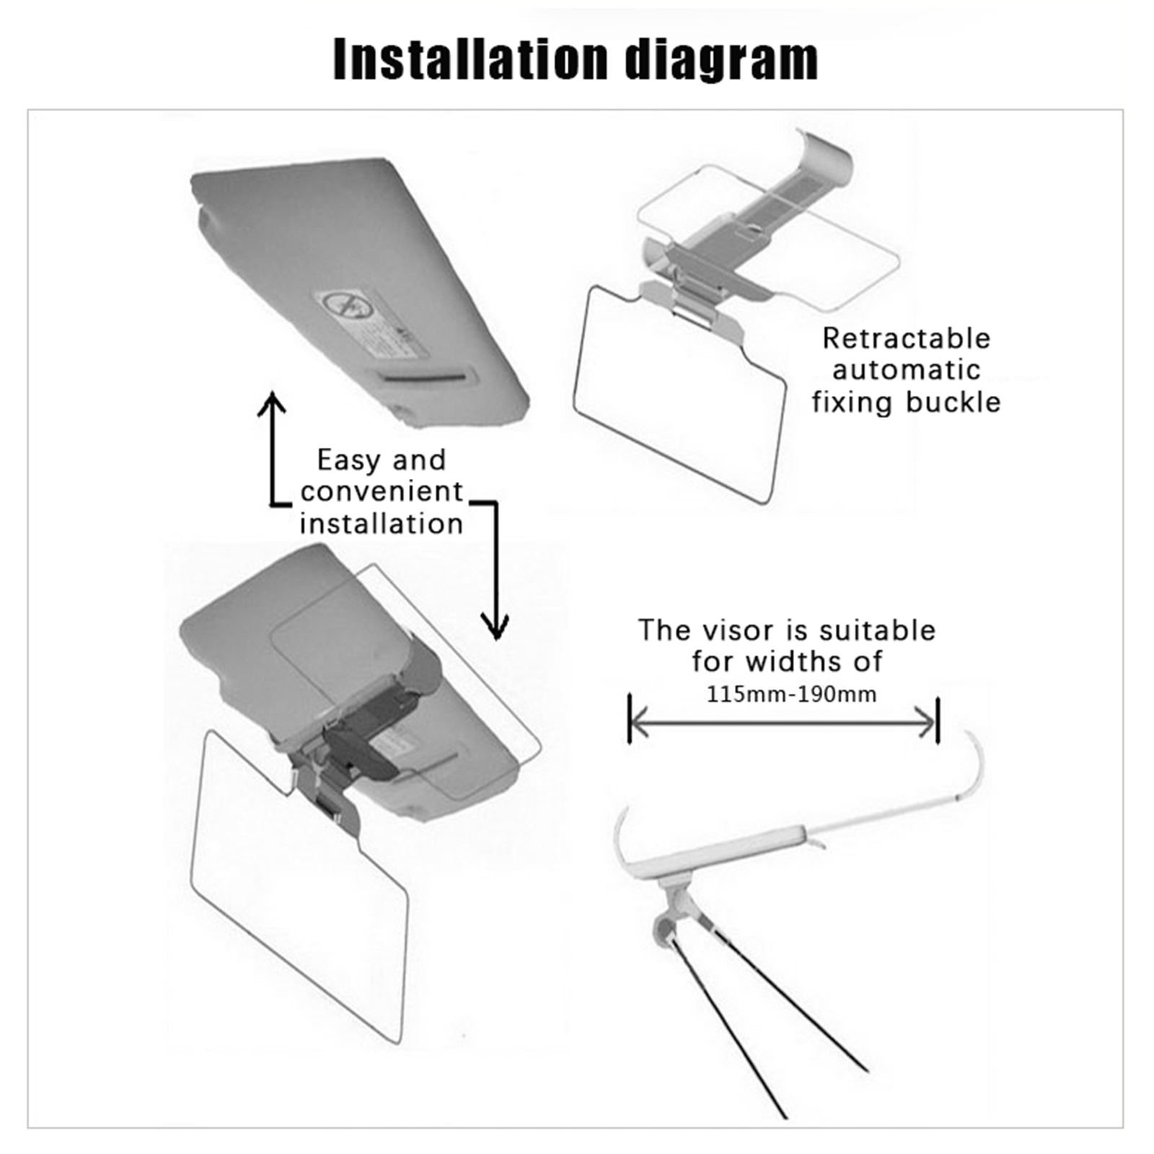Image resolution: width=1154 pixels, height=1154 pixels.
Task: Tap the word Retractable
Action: pyautogui.click(x=907, y=338)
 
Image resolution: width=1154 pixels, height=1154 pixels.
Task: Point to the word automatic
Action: pyautogui.click(x=907, y=370)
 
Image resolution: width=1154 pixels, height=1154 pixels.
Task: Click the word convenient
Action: pyautogui.click(x=382, y=491)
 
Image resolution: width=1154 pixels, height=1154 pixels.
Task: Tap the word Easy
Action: pyautogui.click(x=350, y=461)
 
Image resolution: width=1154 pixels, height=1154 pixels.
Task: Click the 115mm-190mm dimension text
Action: pyautogui.click(x=791, y=694)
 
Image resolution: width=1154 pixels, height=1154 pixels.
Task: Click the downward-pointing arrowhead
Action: pyautogui.click(x=495, y=627)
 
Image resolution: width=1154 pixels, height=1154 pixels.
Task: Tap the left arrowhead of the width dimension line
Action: pyautogui.click(x=638, y=722)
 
